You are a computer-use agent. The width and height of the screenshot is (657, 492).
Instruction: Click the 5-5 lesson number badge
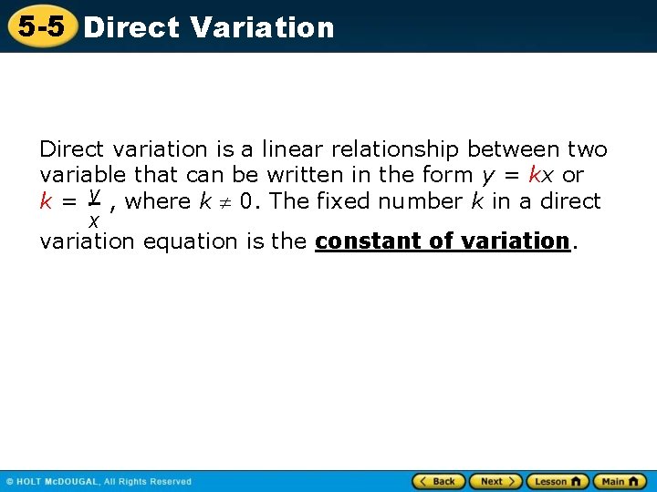(x=41, y=26)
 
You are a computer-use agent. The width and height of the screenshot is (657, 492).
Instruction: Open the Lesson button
(x=557, y=481)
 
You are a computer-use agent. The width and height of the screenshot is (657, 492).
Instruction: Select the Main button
(x=619, y=481)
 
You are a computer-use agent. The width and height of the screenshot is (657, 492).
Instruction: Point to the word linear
(x=293, y=149)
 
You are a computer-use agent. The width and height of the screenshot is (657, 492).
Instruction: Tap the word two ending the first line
(x=587, y=149)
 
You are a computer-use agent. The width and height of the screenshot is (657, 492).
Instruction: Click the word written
(x=301, y=174)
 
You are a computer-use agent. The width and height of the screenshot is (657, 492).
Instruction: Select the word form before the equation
(x=449, y=174)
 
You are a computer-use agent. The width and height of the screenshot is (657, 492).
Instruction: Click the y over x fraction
(x=93, y=208)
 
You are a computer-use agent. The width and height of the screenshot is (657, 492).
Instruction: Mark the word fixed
(x=341, y=200)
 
